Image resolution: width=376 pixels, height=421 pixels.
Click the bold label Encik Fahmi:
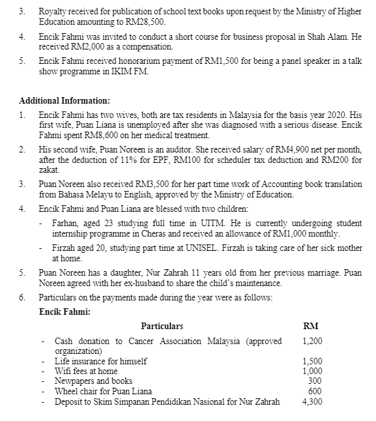pos(65,312)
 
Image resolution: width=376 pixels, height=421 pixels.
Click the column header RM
pos(311,326)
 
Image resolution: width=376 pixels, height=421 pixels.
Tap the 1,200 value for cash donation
pos(313,341)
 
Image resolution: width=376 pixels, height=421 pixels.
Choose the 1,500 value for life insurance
pos(313,361)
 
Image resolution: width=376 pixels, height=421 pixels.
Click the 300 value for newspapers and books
pos(315,381)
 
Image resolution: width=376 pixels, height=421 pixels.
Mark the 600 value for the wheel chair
pos(315,391)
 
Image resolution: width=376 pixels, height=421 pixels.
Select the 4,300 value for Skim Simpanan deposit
pos(313,401)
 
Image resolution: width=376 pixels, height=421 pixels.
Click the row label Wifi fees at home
pos(86,371)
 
